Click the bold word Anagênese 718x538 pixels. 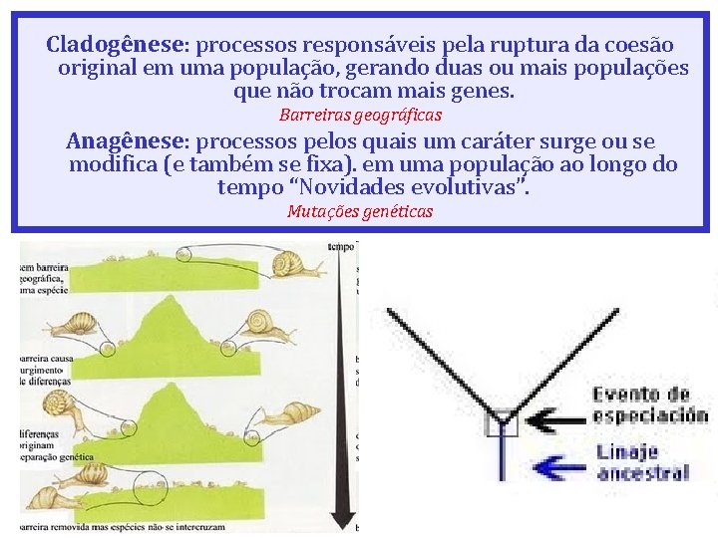click(124, 140)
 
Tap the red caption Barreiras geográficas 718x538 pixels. click(360, 115)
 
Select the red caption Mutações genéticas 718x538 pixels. click(360, 211)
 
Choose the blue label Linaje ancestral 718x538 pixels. click(642, 462)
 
